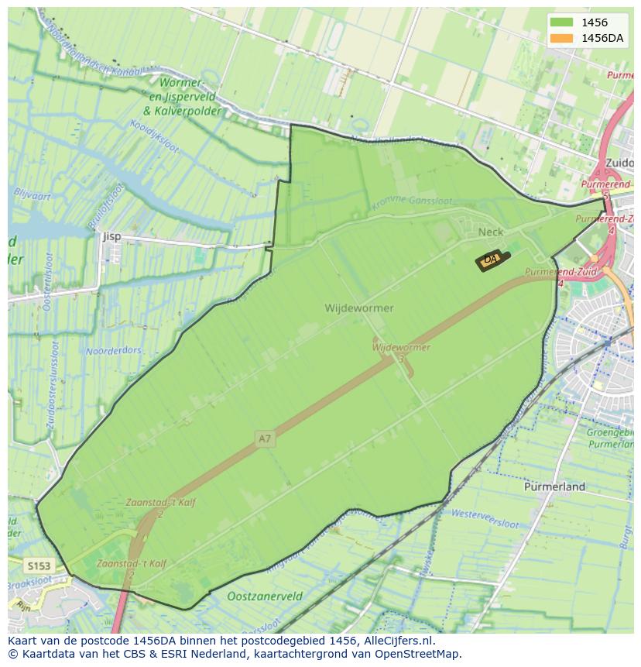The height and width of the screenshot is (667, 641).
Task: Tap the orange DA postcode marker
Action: pos(491,260)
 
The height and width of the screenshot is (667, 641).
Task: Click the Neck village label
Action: pos(490,232)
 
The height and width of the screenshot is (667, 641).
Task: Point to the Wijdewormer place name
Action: pos(358,308)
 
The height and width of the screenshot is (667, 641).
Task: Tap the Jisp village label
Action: pos(111,236)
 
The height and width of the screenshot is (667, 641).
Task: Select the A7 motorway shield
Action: pos(265,438)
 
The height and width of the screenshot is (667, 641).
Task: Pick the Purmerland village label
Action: pos(554,487)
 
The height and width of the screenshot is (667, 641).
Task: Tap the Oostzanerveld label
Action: pos(265,597)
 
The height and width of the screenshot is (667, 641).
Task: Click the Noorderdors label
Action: pos(115,350)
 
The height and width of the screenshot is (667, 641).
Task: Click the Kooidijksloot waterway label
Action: pos(154,137)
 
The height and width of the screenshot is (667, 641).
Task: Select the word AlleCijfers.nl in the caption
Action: pos(397,641)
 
